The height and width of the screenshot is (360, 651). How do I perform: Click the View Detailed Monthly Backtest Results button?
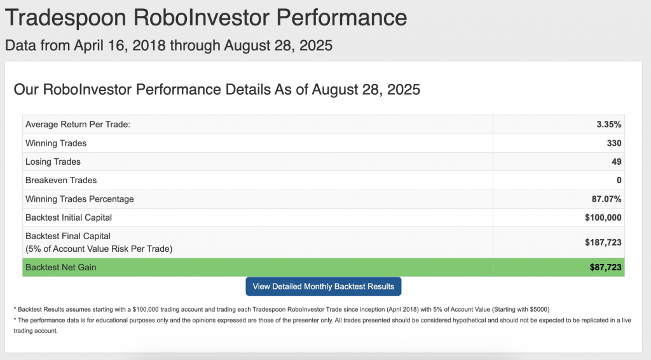(324, 286)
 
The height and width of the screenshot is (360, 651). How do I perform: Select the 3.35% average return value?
(608, 125)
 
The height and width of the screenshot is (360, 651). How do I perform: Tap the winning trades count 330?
(614, 143)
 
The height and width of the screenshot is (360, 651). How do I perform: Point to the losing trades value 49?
(617, 162)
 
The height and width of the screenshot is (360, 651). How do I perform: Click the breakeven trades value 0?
(619, 180)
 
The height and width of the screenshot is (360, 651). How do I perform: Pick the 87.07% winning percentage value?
(606, 199)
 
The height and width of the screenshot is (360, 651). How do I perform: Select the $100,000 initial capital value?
(603, 218)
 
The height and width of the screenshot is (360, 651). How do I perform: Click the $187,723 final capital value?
(603, 242)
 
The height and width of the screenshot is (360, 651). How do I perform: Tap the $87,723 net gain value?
(606, 267)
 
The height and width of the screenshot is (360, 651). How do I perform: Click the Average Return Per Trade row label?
(78, 125)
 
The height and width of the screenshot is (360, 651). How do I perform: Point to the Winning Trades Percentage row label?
(79, 199)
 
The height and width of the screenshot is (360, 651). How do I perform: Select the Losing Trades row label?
(53, 162)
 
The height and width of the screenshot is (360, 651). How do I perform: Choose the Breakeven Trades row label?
(61, 180)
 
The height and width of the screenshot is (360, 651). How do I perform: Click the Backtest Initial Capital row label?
(69, 218)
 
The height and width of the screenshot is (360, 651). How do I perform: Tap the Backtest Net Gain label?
(60, 267)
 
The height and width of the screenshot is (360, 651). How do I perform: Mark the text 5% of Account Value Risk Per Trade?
(99, 249)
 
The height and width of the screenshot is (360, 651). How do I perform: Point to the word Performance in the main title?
(341, 17)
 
